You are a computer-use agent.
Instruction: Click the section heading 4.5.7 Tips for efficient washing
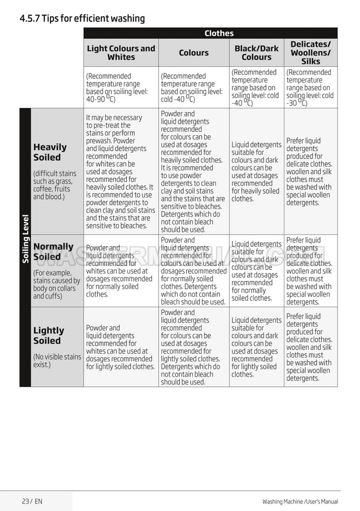[82, 19]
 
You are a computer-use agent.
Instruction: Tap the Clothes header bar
[218, 33]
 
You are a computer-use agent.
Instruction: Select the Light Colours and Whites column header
[121, 53]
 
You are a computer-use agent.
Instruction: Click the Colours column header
[193, 53]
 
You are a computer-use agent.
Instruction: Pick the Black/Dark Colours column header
[256, 53]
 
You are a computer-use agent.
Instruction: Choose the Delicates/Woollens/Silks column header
[311, 53]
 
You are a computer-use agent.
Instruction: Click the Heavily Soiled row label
[50, 152]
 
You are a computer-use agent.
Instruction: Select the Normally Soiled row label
[53, 251]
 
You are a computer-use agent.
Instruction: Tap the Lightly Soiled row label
[49, 336]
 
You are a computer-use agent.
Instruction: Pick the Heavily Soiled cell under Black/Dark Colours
[256, 171]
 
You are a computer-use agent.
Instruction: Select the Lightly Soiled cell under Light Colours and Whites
[120, 347]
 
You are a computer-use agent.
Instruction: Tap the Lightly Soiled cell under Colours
[193, 347]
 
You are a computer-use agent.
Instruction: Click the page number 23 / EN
[32, 501]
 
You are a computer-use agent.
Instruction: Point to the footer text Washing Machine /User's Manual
[300, 502]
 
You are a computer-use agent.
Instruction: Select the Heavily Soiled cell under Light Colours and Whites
[120, 171]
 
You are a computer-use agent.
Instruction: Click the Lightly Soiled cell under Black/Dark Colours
[256, 347]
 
